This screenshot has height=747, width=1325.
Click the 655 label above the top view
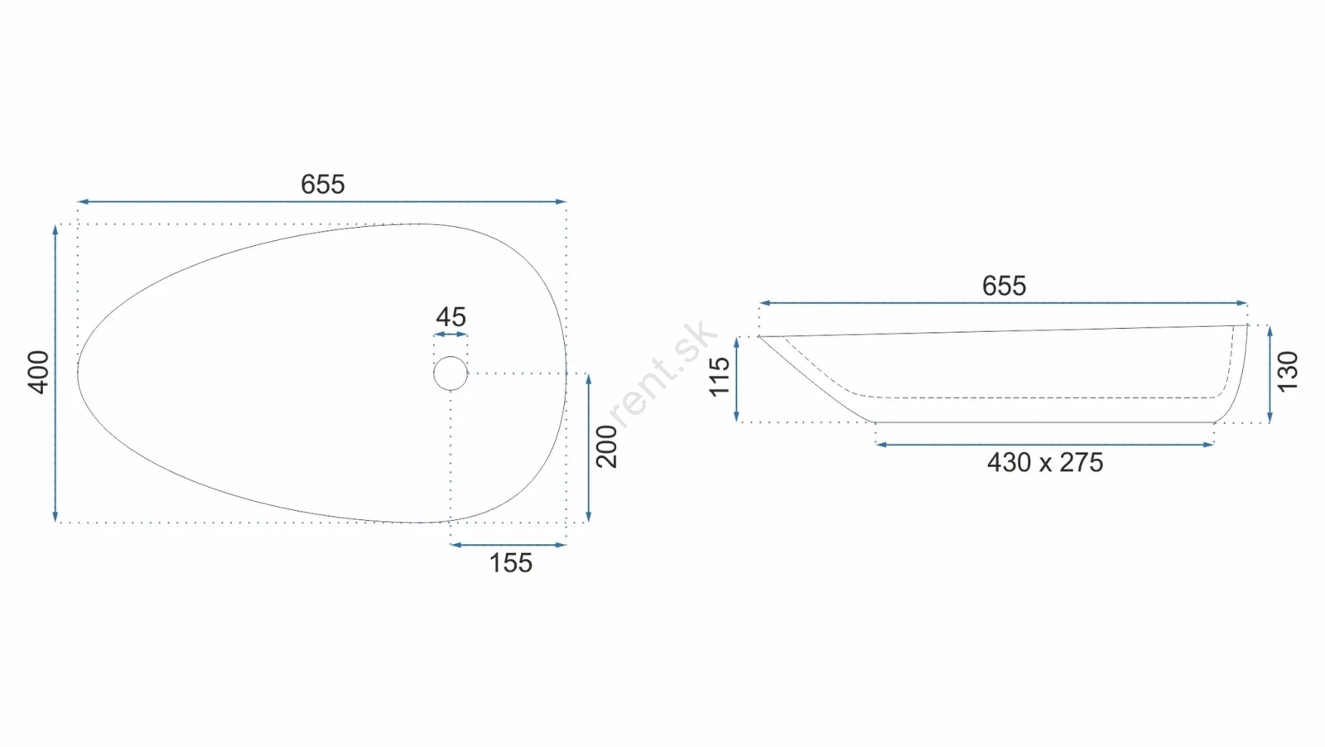322,184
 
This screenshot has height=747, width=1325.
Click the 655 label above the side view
1004,286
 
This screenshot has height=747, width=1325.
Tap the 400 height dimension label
39,373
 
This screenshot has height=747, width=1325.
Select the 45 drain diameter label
450,317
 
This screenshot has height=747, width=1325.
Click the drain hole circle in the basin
450,356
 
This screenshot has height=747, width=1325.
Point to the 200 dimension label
607,446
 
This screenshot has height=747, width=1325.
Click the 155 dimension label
510,562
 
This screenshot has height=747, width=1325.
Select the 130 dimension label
1288,372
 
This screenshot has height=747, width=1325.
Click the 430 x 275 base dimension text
1045,462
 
